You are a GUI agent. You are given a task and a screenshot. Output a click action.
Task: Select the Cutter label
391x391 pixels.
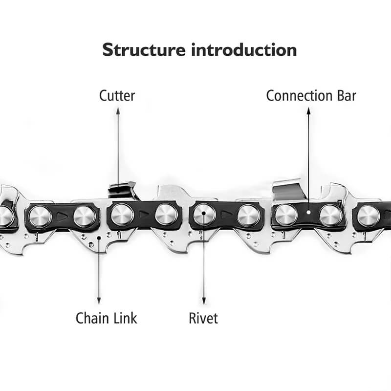[117, 95]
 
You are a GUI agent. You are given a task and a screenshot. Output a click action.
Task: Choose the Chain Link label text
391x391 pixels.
[106, 318]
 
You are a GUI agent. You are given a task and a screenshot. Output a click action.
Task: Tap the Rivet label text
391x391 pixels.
[203, 318]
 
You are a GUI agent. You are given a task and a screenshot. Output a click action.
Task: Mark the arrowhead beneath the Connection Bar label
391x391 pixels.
[308, 111]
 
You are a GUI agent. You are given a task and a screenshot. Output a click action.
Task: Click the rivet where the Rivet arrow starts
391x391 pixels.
[204, 214]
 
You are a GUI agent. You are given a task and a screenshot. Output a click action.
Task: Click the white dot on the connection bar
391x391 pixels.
[308, 213]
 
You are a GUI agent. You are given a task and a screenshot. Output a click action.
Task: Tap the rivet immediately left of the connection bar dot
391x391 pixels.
[286, 215]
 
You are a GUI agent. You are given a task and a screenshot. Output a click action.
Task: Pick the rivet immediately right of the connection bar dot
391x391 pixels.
[330, 215]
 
